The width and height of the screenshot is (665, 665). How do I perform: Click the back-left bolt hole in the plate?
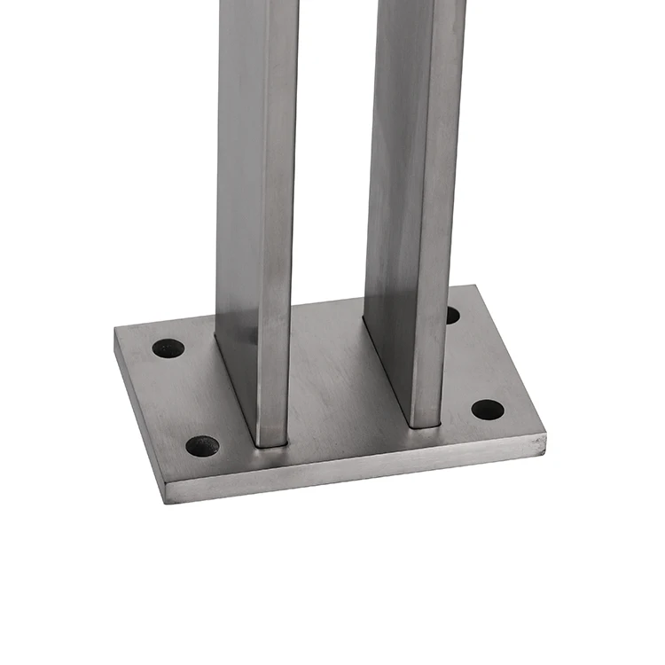click(168, 348)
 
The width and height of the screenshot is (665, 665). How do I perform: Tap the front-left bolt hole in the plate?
click(202, 446)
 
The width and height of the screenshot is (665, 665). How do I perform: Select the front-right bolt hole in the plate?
click(487, 410)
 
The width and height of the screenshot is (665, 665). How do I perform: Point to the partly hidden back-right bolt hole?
click(452, 315)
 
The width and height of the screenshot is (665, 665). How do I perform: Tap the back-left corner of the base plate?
click(115, 330)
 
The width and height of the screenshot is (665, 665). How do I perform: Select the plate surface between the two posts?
click(328, 372)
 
